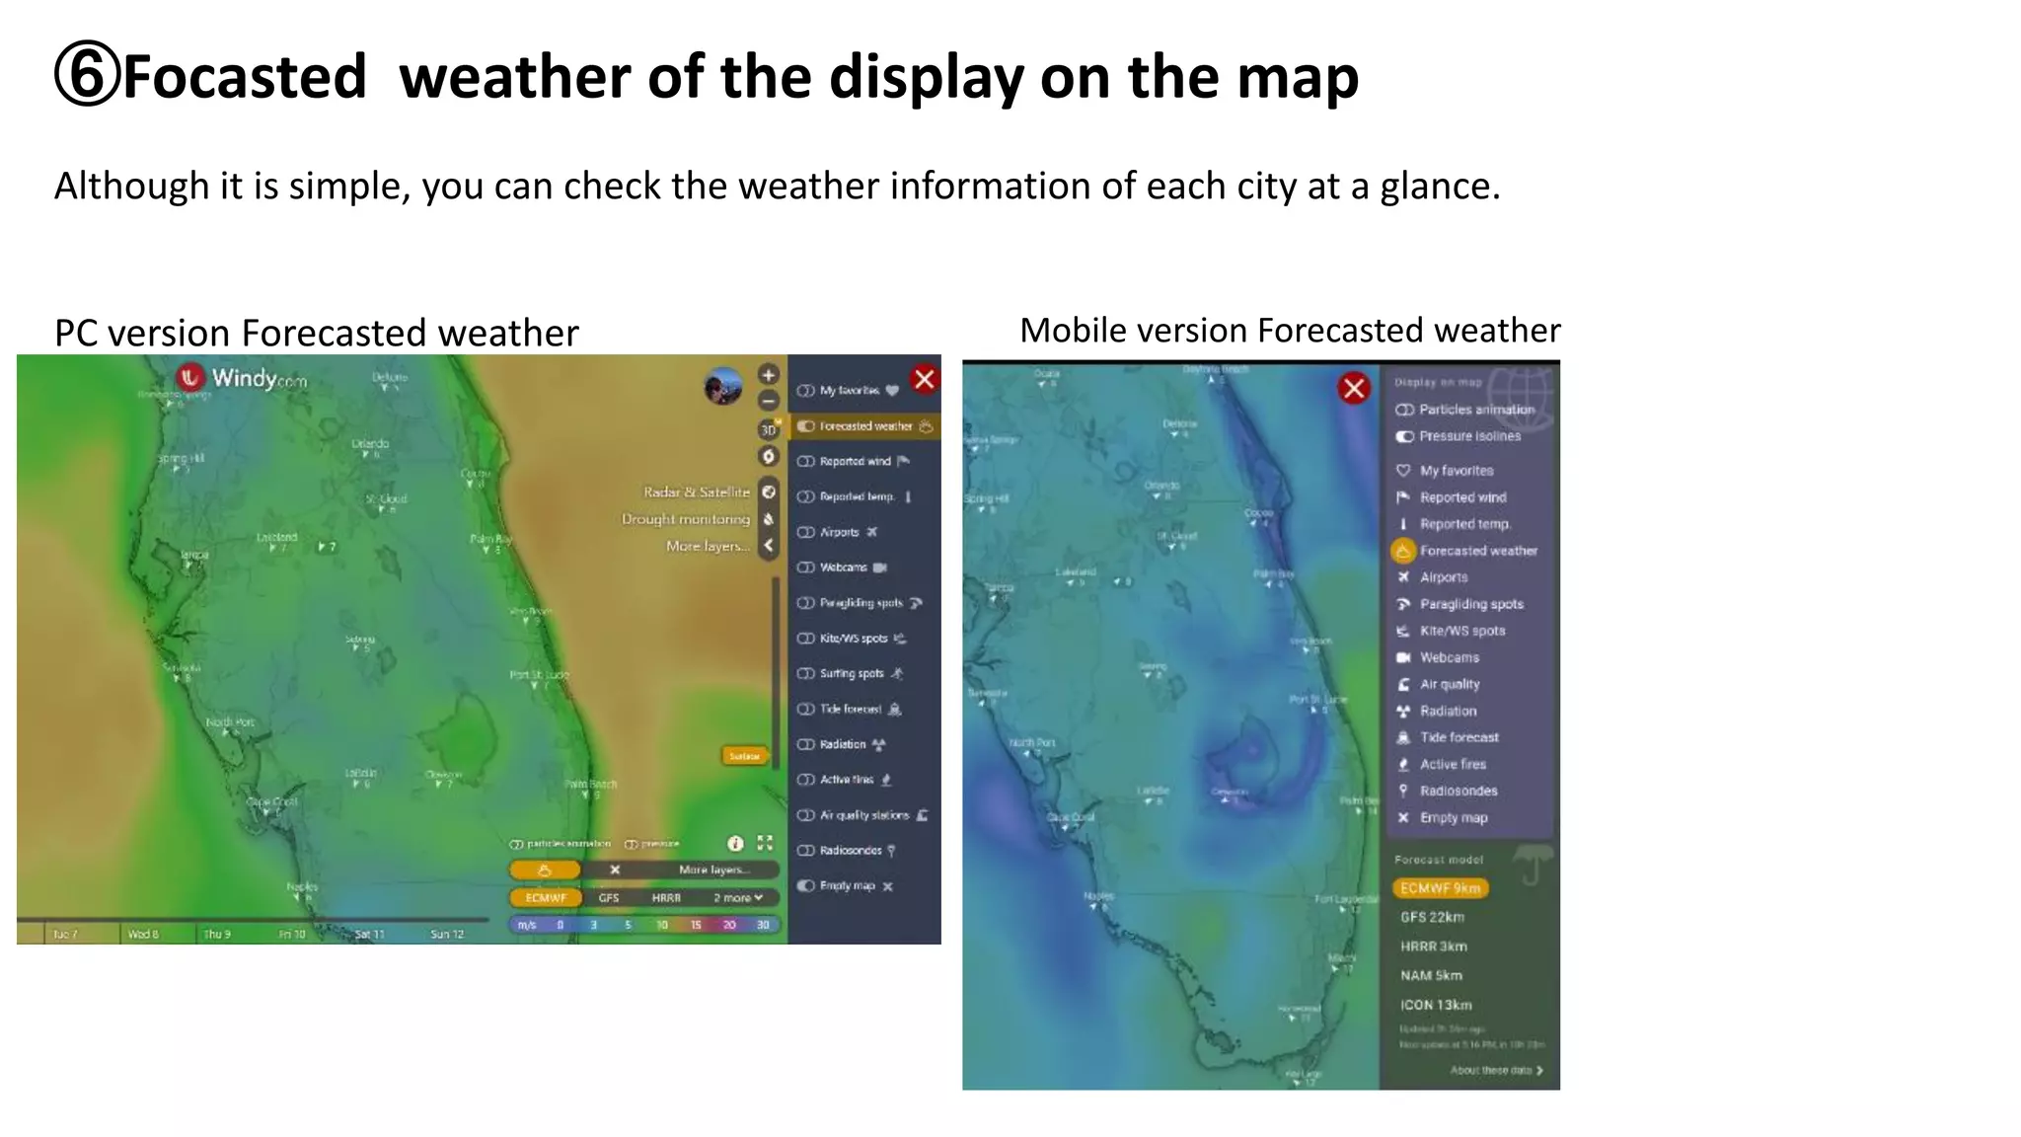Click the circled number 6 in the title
pyautogui.click(x=87, y=75)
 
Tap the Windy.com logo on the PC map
pyautogui.click(x=242, y=378)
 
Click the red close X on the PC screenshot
pyautogui.click(x=925, y=379)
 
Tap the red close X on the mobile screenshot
pyautogui.click(x=1354, y=388)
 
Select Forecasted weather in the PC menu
pyautogui.click(x=865, y=426)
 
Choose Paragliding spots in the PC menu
pyautogui.click(x=861, y=603)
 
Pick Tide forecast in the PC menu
pyautogui.click(x=851, y=709)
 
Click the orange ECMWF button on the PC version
pyautogui.click(x=546, y=898)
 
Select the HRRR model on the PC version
pyautogui.click(x=666, y=898)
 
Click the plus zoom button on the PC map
pyautogui.click(x=769, y=375)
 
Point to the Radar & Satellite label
pyautogui.click(x=697, y=492)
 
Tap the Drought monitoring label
pyautogui.click(x=686, y=519)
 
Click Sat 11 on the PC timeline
pyautogui.click(x=369, y=934)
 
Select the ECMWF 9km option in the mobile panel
pyautogui.click(x=1440, y=888)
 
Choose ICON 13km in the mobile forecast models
pyautogui.click(x=1436, y=1005)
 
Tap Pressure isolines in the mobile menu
pyautogui.click(x=1469, y=436)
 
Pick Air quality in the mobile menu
pyautogui.click(x=1450, y=684)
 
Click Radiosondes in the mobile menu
pyautogui.click(x=1459, y=791)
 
